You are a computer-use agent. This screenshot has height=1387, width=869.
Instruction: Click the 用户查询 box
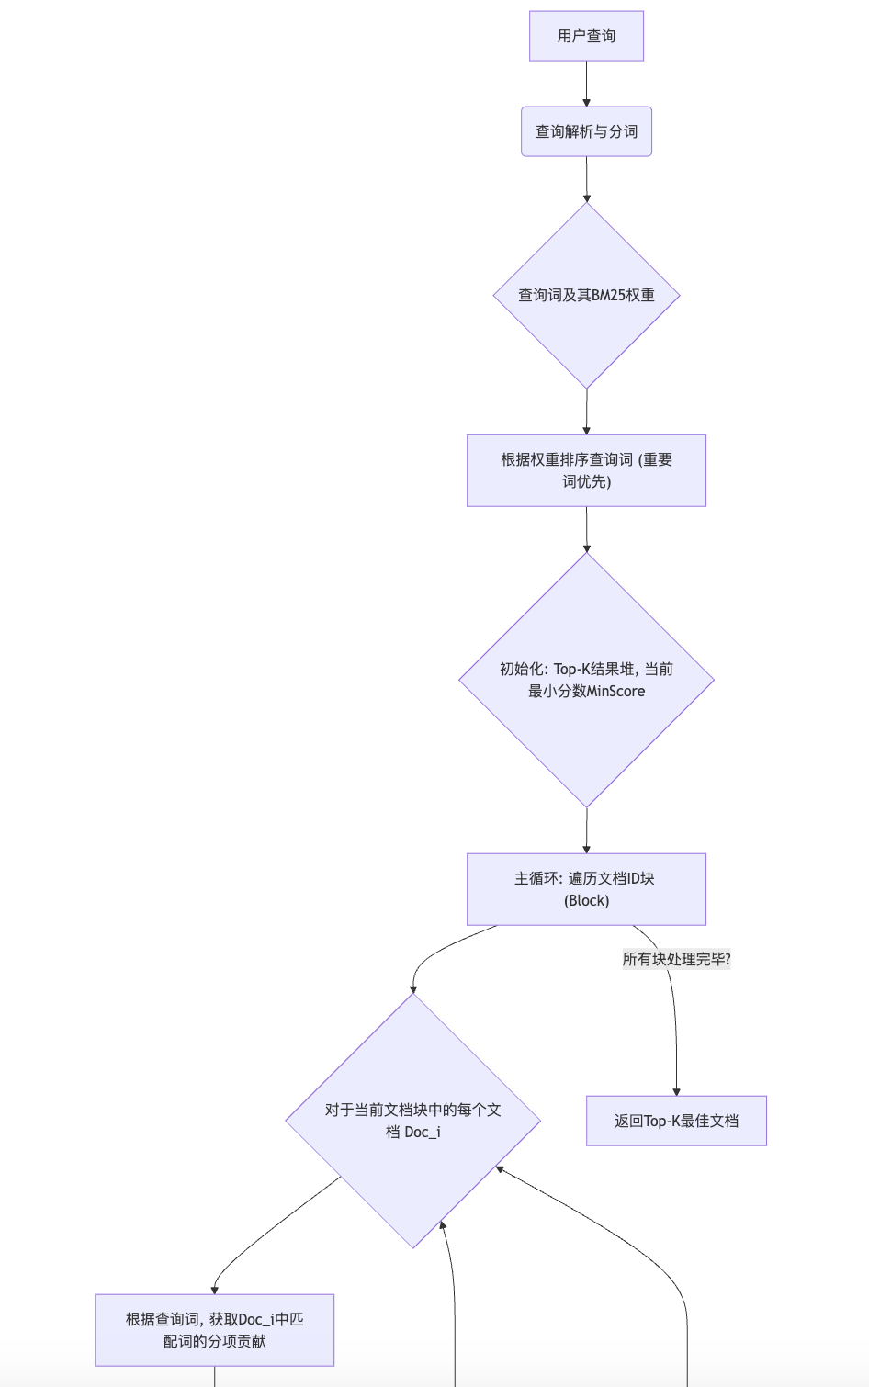tap(586, 36)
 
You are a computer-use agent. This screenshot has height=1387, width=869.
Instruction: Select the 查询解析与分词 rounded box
tap(586, 131)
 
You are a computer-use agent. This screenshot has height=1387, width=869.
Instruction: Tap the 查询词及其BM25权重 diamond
tap(586, 295)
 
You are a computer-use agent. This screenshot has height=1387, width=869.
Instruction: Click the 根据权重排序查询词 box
tap(586, 470)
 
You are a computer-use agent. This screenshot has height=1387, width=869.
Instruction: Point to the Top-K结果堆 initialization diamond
tap(586, 680)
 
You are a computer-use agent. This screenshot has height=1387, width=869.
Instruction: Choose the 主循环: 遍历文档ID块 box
tap(586, 889)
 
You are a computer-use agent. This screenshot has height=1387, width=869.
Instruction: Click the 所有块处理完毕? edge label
tap(676, 959)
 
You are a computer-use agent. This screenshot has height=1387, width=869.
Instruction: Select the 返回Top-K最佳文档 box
tap(676, 1121)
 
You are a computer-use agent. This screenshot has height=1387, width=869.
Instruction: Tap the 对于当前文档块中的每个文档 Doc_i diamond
tap(412, 1121)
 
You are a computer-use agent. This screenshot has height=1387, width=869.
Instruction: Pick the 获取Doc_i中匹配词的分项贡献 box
tap(214, 1330)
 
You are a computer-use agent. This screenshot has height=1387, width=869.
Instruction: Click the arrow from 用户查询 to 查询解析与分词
tap(586, 84)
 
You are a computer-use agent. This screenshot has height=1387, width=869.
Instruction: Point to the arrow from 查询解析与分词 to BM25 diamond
tap(586, 179)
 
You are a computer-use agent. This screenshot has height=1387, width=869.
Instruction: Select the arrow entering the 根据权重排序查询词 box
tap(586, 412)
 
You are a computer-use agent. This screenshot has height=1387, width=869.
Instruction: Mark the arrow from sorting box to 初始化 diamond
tap(586, 529)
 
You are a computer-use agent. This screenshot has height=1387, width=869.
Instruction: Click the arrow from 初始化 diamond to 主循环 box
tap(586, 830)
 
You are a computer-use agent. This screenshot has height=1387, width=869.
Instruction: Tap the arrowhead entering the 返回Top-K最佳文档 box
tap(676, 1091)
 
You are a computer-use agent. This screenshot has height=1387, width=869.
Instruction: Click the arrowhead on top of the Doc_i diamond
tap(413, 988)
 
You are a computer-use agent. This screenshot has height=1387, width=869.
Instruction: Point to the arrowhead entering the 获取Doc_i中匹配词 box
tap(214, 1290)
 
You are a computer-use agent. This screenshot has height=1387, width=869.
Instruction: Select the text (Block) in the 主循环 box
tap(586, 900)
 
